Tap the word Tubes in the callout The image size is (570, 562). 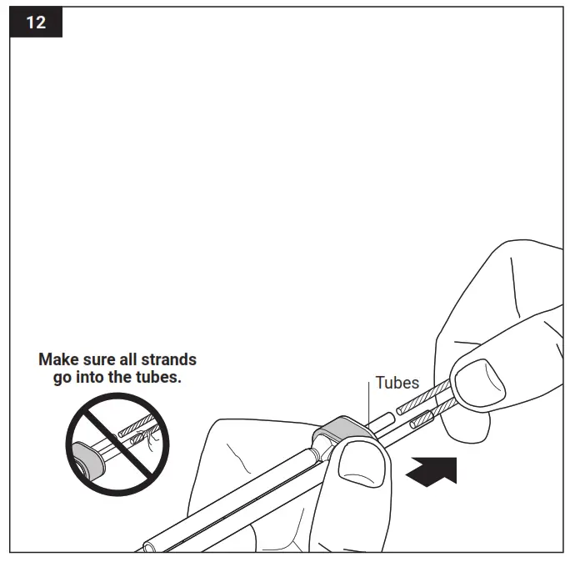397,383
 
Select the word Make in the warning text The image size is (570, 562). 57,360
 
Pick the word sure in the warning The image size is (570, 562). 95,360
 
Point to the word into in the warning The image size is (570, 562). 92,377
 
